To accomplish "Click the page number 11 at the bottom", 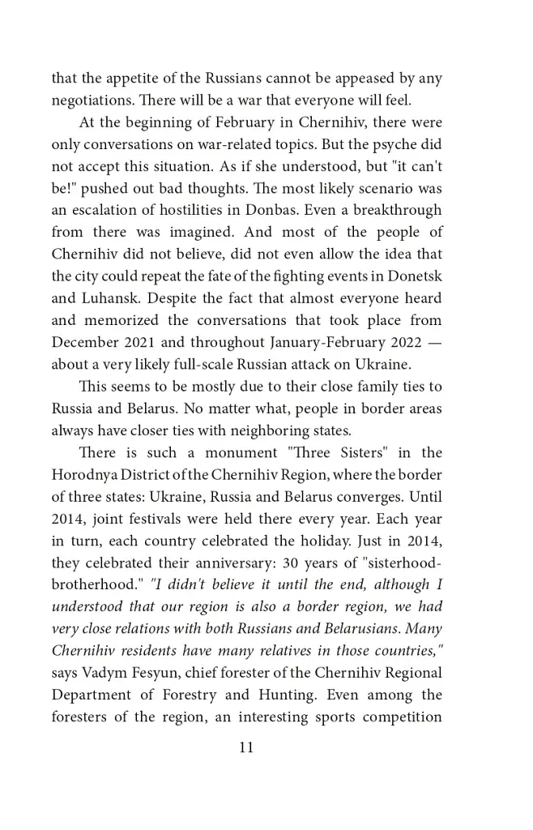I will point(246,747).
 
